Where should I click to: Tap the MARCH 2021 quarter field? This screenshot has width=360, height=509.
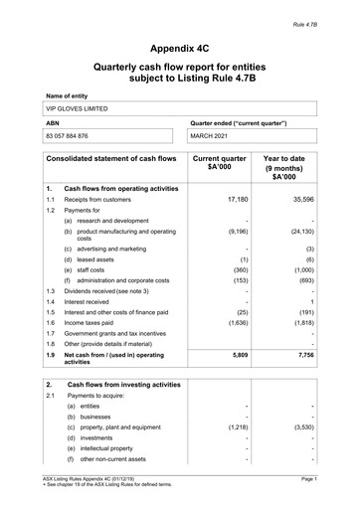pyautogui.click(x=216, y=135)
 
